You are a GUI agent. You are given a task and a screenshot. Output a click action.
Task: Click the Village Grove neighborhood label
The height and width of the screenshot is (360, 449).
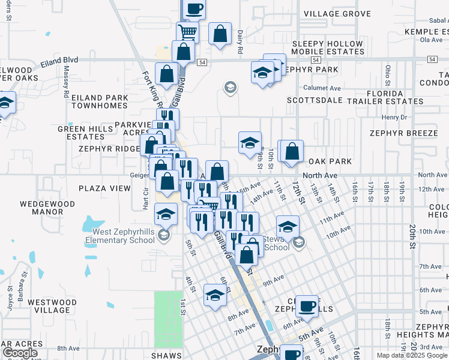point(345,13)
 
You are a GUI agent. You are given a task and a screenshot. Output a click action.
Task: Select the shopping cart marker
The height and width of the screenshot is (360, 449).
point(188,31)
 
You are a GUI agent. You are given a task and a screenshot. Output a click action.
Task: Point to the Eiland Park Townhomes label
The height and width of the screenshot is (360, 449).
point(100,101)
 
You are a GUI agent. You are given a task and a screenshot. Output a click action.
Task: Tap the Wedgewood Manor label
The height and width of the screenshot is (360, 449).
point(47,208)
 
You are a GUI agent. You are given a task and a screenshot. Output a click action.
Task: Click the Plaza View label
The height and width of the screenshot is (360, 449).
point(104,188)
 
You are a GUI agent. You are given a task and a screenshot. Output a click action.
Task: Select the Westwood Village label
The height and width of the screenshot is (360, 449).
point(52,306)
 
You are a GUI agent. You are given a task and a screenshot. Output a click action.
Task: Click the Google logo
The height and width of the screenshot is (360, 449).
point(20,353)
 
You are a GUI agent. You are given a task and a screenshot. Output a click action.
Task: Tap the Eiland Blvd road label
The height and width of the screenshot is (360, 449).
point(60,60)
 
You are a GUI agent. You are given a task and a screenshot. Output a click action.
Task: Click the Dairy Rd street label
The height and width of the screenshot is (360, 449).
point(239,43)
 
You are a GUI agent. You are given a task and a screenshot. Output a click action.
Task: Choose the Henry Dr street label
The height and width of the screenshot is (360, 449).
point(394,117)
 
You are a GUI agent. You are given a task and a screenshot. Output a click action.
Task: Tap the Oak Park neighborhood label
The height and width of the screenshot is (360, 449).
point(330,161)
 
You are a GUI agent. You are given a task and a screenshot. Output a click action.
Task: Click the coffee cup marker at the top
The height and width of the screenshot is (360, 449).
point(194,9)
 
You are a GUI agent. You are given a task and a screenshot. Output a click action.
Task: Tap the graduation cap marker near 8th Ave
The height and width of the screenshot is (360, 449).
point(215,295)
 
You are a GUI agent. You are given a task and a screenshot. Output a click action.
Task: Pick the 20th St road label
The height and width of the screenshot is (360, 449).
point(412,231)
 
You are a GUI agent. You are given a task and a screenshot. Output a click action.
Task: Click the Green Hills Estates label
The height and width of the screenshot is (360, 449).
point(81,133)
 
